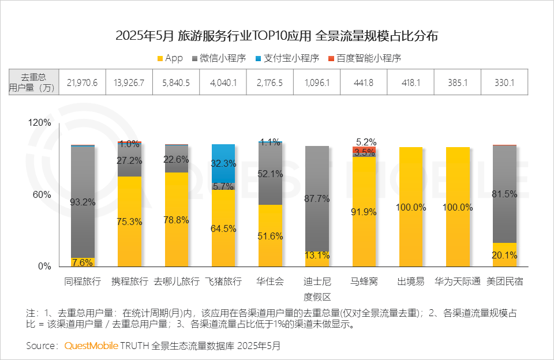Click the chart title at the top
coord(277,36)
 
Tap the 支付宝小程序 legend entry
coord(287,58)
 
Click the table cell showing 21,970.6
coord(83,82)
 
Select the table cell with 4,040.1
coord(223,82)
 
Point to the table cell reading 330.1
coord(504,82)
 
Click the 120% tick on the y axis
coord(40,123)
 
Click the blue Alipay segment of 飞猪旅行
coord(223,163)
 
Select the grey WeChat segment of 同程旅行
coord(83,202)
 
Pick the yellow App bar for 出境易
coord(411,207)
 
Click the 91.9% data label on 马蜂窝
coord(364,212)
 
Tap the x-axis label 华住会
coord(270,282)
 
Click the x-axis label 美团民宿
coord(504,282)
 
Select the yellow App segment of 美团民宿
coord(504,254)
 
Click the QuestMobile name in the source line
coord(91,346)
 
